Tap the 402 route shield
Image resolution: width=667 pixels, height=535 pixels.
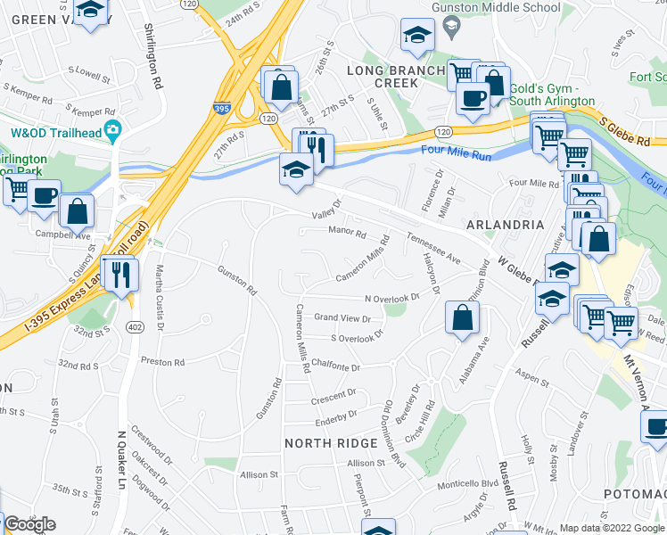(x=134, y=327)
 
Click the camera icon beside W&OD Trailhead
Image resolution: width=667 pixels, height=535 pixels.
(x=112, y=132)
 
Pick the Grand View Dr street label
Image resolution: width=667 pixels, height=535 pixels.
(x=342, y=317)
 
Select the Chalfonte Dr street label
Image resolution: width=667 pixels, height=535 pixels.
(x=336, y=366)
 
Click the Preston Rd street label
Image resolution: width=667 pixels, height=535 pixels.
(x=162, y=363)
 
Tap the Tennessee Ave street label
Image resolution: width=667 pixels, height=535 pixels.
(x=433, y=249)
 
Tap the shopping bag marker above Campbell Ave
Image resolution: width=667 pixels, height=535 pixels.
(x=78, y=211)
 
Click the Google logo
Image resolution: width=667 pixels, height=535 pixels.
(x=29, y=524)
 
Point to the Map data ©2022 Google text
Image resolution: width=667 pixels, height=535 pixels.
(x=612, y=528)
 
